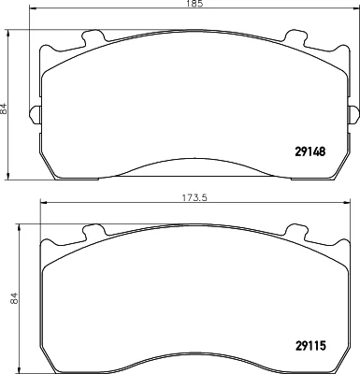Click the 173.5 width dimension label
[194, 197]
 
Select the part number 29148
[310, 151]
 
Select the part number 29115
[310, 346]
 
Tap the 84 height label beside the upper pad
[4, 108]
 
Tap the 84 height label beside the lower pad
[15, 298]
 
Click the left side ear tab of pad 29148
[35, 115]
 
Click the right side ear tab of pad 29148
[353, 115]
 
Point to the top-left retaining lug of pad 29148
[93, 36]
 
